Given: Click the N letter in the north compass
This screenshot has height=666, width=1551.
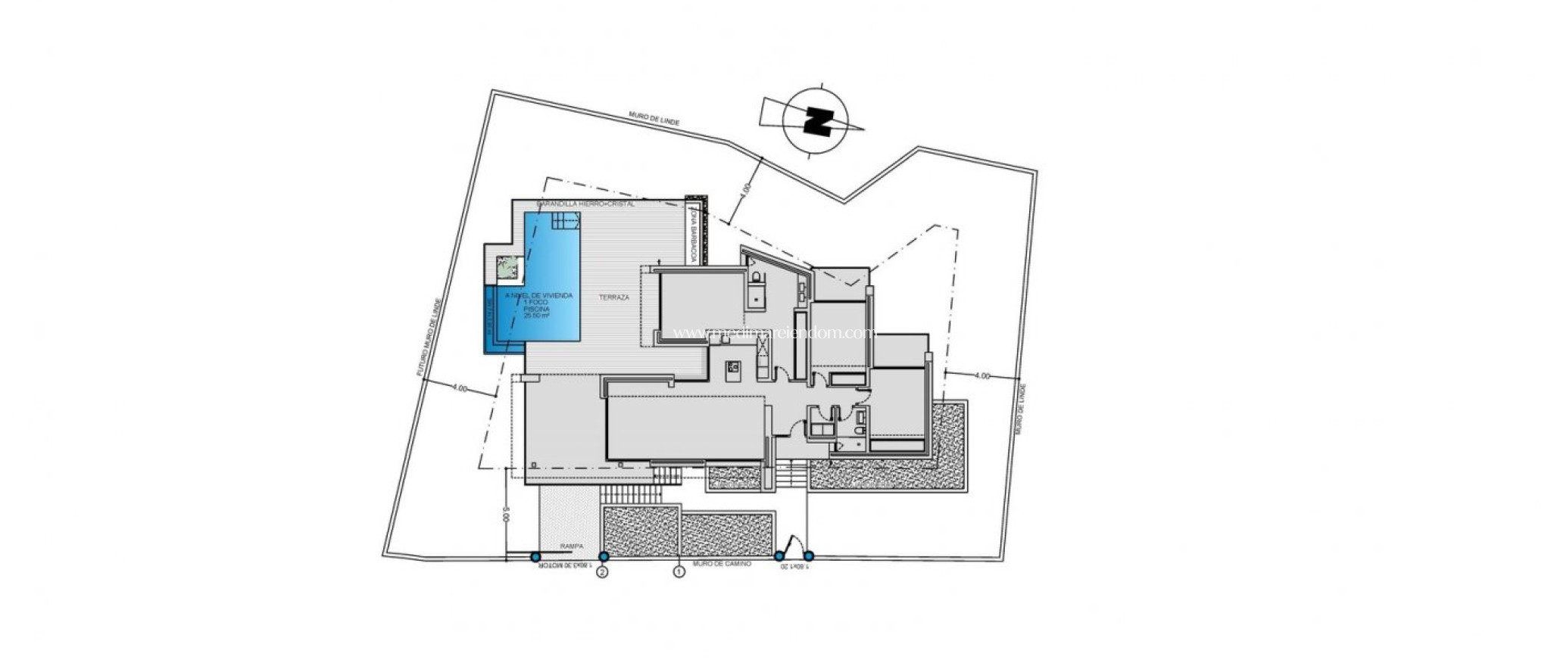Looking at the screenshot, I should point(819,121).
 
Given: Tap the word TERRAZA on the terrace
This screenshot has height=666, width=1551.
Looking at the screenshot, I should point(614,297).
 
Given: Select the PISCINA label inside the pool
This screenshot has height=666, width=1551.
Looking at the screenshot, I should point(539,309).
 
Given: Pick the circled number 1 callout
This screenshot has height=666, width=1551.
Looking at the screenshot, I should point(679,573).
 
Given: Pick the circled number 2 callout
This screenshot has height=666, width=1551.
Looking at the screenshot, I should point(603,573).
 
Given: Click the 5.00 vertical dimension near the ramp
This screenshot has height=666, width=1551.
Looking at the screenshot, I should point(504,518).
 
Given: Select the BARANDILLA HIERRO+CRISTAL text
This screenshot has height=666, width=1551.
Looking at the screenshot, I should point(585,204).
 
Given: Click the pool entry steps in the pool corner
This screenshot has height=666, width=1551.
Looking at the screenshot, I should point(566,222).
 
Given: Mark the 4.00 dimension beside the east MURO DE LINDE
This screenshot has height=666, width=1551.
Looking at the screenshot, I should point(981,375).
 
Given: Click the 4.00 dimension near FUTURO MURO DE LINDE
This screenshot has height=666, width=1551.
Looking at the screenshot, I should point(459,387).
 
